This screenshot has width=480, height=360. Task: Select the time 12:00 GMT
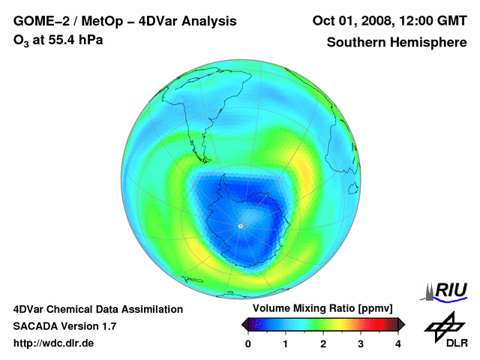pos(433,21)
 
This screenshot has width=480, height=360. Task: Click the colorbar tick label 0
pos(248,343)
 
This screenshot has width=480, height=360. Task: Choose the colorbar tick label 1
pos(286,343)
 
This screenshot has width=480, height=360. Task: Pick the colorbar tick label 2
pos(323,343)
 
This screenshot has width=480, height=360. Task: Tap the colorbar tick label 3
pos(361,343)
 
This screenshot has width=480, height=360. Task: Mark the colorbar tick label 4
pos(398,343)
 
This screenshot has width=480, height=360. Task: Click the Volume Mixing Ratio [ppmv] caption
pos(323,309)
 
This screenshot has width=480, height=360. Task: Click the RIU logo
pos(446,291)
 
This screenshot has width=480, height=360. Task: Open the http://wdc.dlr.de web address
pos(54,343)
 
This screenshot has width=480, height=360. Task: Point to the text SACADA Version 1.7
pos(64,326)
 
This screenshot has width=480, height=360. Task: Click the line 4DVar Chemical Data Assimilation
pos(98,309)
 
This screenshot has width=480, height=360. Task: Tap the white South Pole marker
pos(240,225)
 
